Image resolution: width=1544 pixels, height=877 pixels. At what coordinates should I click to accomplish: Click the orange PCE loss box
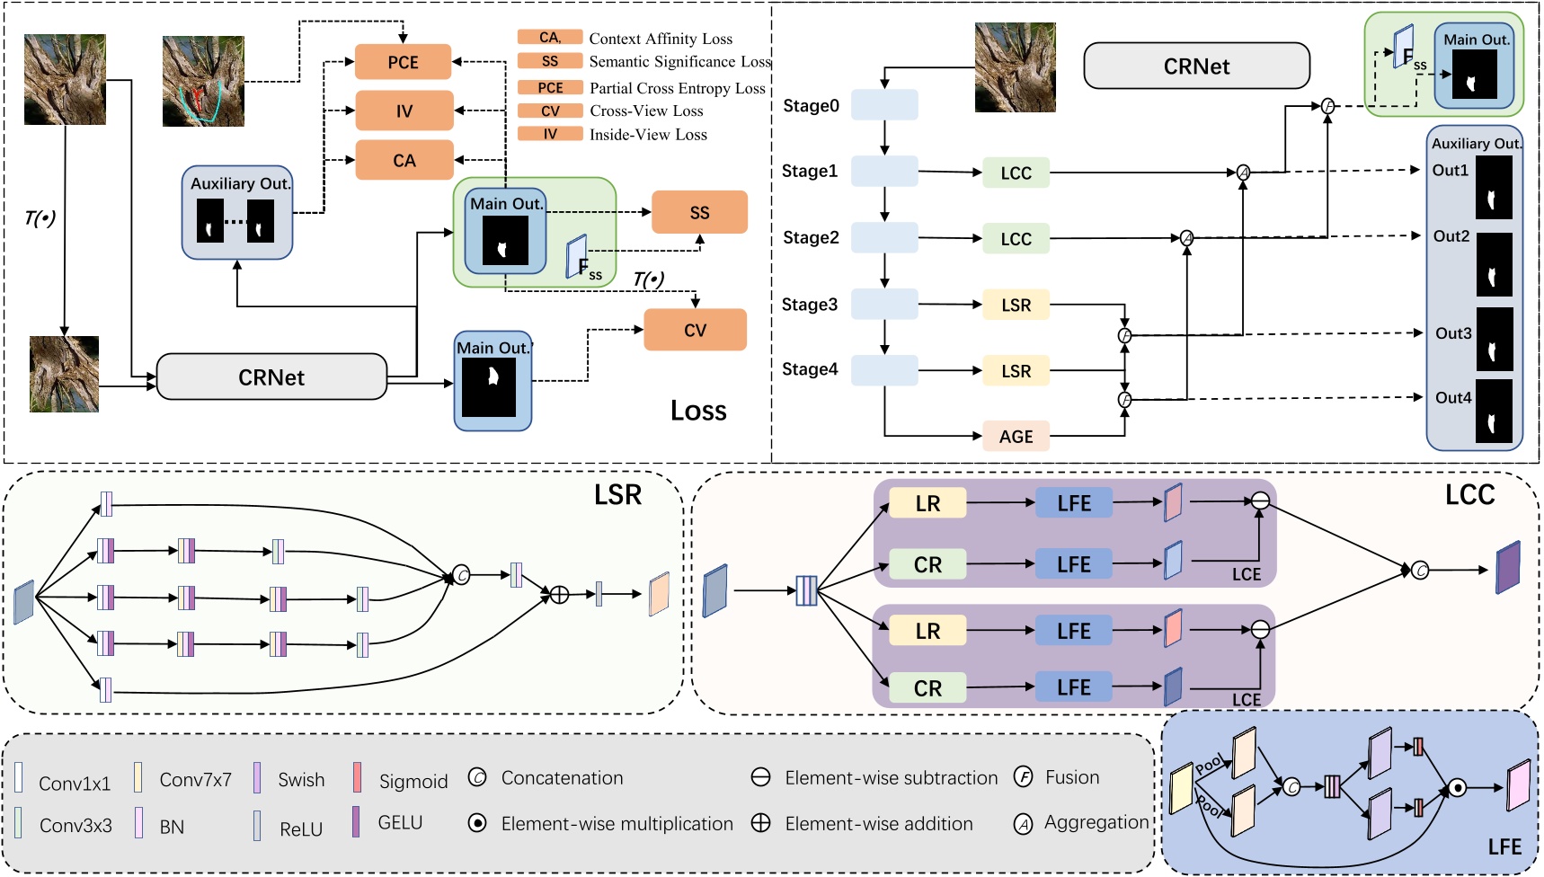click(x=403, y=62)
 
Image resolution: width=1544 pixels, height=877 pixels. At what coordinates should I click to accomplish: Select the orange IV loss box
click(x=404, y=111)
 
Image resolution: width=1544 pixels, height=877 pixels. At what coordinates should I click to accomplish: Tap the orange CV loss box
click(x=695, y=330)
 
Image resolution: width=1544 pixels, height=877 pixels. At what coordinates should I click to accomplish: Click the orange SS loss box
click(x=699, y=212)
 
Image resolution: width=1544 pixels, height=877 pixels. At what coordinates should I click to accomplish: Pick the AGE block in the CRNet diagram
click(x=1016, y=437)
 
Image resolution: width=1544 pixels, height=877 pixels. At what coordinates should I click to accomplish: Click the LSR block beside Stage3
click(x=1016, y=305)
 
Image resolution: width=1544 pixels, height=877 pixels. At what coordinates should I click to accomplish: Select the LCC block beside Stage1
click(x=1016, y=173)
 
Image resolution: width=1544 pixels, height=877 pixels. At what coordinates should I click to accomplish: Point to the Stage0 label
click(x=811, y=106)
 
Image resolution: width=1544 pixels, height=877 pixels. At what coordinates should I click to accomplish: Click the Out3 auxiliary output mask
click(x=1495, y=338)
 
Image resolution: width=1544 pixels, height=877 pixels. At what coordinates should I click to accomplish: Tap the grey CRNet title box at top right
click(x=1196, y=66)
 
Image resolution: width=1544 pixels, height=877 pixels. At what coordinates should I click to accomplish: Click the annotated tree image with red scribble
click(x=203, y=81)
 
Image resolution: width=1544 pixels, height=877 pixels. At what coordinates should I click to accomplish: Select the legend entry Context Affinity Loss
click(x=661, y=39)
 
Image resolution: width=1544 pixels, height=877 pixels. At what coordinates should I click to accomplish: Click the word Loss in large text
click(x=698, y=411)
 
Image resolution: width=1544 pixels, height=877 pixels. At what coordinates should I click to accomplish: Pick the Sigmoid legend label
click(x=413, y=781)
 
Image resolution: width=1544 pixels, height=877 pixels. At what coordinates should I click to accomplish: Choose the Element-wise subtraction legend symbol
click(x=760, y=777)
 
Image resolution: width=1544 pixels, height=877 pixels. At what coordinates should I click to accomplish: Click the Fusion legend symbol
click(x=1023, y=777)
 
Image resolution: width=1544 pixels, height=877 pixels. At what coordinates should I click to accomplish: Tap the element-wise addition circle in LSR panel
click(x=559, y=594)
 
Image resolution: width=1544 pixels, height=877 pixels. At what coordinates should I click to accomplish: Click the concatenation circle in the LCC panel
click(x=1420, y=570)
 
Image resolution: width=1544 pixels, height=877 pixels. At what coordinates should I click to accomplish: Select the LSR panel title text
click(x=617, y=495)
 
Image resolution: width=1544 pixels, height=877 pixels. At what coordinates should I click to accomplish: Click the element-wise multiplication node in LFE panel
click(x=1458, y=788)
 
